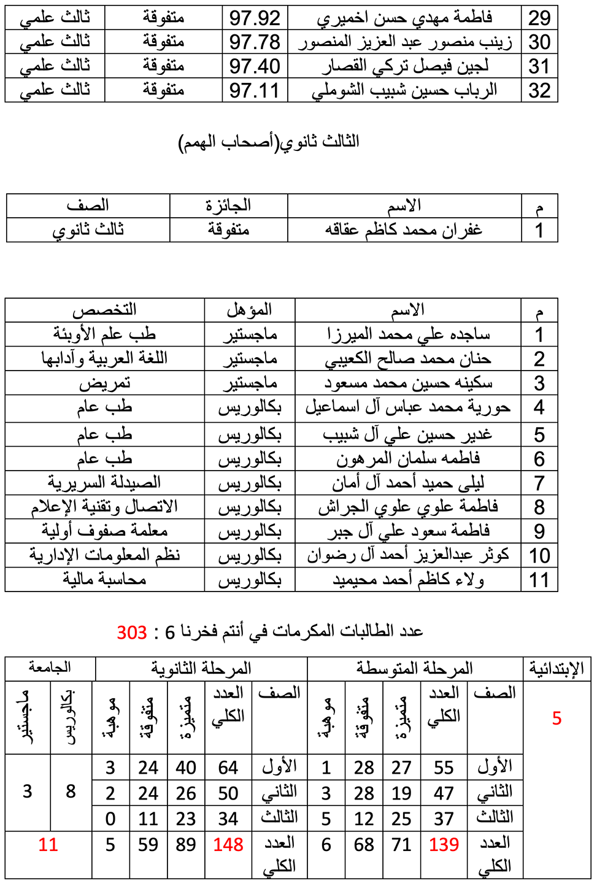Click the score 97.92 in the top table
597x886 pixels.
(255, 18)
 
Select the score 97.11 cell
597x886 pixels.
(255, 91)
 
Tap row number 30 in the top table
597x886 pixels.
(539, 42)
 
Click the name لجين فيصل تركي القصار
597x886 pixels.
(405, 66)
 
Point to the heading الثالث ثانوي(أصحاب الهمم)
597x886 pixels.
(269, 142)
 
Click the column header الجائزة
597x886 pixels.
(228, 206)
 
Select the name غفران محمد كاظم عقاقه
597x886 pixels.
(404, 230)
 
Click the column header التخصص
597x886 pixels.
(104, 310)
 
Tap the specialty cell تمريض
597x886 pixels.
(104, 383)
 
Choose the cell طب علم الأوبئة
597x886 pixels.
(104, 334)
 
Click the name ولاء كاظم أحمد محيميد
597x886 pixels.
(408, 580)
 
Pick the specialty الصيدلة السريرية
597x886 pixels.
(104, 483)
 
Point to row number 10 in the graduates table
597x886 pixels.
(539, 556)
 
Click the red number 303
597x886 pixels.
(132, 633)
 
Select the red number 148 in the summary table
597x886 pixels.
(228, 845)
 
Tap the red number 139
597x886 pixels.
(444, 845)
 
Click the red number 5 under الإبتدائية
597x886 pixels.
(557, 718)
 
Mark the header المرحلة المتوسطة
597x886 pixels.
(415, 668)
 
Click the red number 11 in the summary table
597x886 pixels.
(48, 845)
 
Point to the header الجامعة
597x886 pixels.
(50, 668)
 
